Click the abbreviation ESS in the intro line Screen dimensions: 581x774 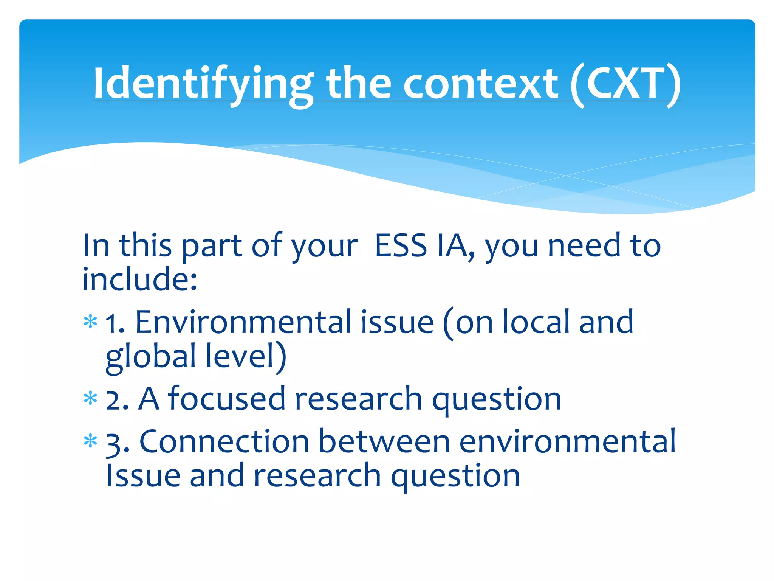401,246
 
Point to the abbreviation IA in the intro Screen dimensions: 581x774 454,246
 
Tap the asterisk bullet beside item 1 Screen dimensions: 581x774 90,322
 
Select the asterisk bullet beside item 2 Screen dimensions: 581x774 90,399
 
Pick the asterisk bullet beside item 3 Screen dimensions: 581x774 90,441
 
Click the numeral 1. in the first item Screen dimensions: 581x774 115,324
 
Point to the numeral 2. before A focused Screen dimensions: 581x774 117,400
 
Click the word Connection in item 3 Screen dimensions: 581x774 224,442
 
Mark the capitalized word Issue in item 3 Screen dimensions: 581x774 143,476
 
